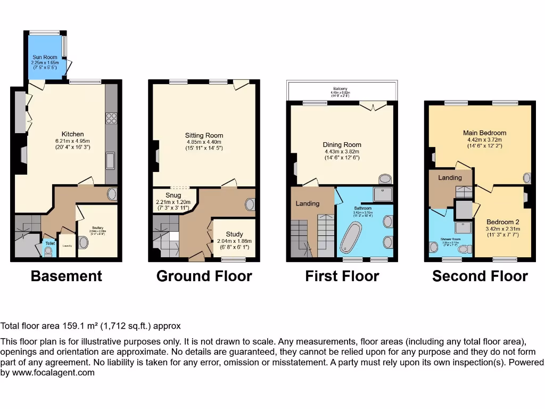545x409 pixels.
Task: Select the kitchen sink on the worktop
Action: (111, 160)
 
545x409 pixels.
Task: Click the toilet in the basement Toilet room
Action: (49, 252)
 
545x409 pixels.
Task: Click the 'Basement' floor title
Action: (66, 276)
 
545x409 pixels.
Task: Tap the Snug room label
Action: (173, 195)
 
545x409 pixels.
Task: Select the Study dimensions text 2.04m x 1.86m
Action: (234, 241)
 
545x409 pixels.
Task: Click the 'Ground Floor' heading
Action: (204, 276)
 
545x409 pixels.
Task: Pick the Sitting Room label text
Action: (204, 135)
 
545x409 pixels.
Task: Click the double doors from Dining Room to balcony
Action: (372, 107)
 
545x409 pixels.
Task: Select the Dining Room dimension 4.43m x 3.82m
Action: (342, 151)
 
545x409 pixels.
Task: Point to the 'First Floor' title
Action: (342, 276)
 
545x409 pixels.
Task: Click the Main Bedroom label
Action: (484, 133)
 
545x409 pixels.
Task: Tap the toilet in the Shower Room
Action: (464, 249)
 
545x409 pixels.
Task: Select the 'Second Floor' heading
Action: (480, 276)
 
